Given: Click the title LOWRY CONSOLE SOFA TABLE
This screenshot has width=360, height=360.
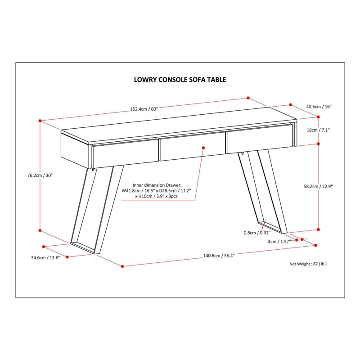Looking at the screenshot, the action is pos(180,80).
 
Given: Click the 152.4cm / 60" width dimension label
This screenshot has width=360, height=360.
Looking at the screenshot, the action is pos(144,109).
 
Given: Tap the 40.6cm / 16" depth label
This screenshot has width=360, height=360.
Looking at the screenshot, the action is pos(319,107).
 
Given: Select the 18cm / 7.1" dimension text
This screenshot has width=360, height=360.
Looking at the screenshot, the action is pos(318,130).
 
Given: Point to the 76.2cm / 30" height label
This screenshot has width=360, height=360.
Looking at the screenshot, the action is pos(40,175).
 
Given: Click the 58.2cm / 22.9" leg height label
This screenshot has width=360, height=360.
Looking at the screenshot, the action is pos(318,186).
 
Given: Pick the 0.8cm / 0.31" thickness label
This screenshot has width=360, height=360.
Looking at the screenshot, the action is pos(257,233).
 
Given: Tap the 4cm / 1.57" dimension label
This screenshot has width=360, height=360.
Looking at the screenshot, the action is pos(279,242).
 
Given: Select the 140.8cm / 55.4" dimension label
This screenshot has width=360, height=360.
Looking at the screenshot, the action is pos(219,256).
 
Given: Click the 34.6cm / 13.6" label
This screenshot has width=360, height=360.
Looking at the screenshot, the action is pos(46,257).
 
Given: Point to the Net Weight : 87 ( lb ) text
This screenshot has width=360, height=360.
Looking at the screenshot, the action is pos(308,264).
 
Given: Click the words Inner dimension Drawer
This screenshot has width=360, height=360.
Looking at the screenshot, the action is pos(157,185).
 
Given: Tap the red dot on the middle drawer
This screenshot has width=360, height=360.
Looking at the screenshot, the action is pos(203,148).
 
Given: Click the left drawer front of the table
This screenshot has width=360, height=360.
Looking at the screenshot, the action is pos(125,153).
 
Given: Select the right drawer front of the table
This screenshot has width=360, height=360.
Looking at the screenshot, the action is pos(260,139).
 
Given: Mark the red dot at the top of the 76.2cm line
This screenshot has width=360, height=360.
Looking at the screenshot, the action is pos(40,121).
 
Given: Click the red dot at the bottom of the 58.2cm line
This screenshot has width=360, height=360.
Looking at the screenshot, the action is pos(318,229).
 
